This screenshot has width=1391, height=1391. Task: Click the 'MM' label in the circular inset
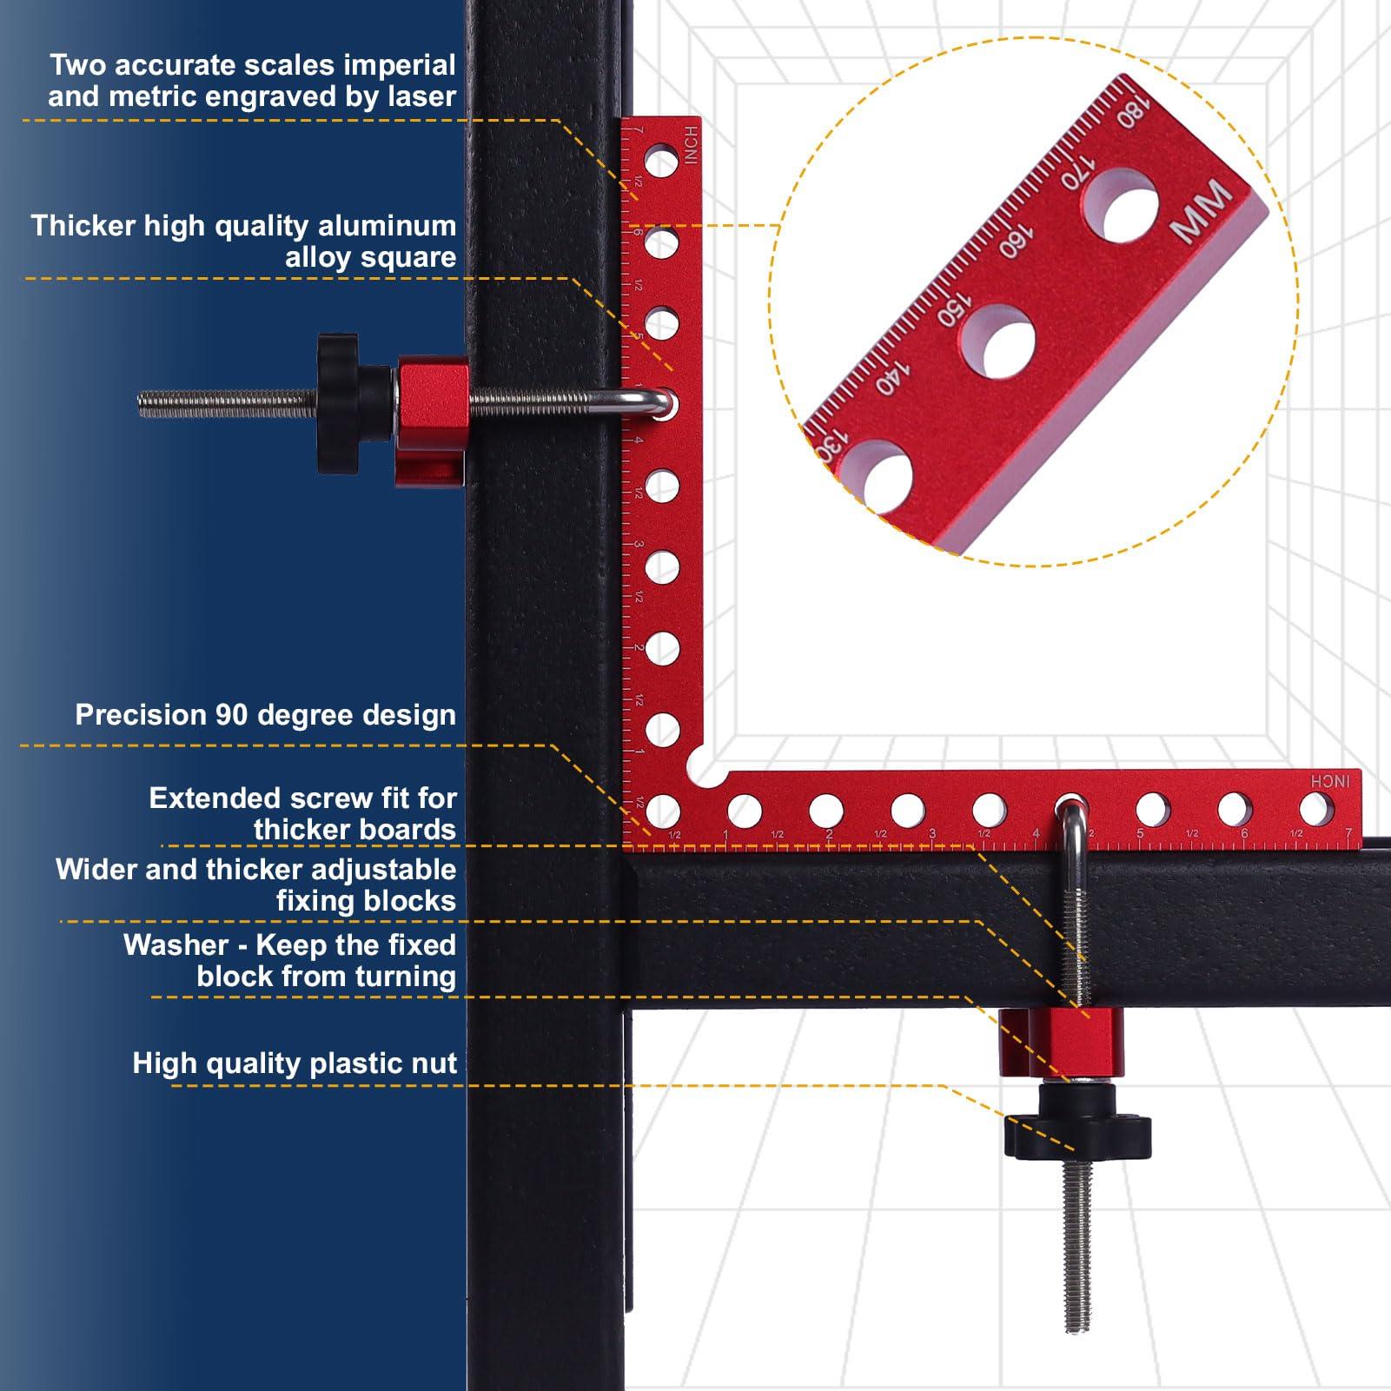[x=1202, y=211]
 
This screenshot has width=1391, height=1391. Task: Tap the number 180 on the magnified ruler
[x=1133, y=113]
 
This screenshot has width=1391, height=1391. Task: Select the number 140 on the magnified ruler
[x=891, y=377]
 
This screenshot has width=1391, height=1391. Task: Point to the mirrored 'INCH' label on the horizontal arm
[x=1330, y=781]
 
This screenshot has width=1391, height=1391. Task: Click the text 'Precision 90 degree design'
[x=265, y=715]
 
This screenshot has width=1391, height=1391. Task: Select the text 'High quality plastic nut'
[x=294, y=1063]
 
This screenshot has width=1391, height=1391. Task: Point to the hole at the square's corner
[x=663, y=811]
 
